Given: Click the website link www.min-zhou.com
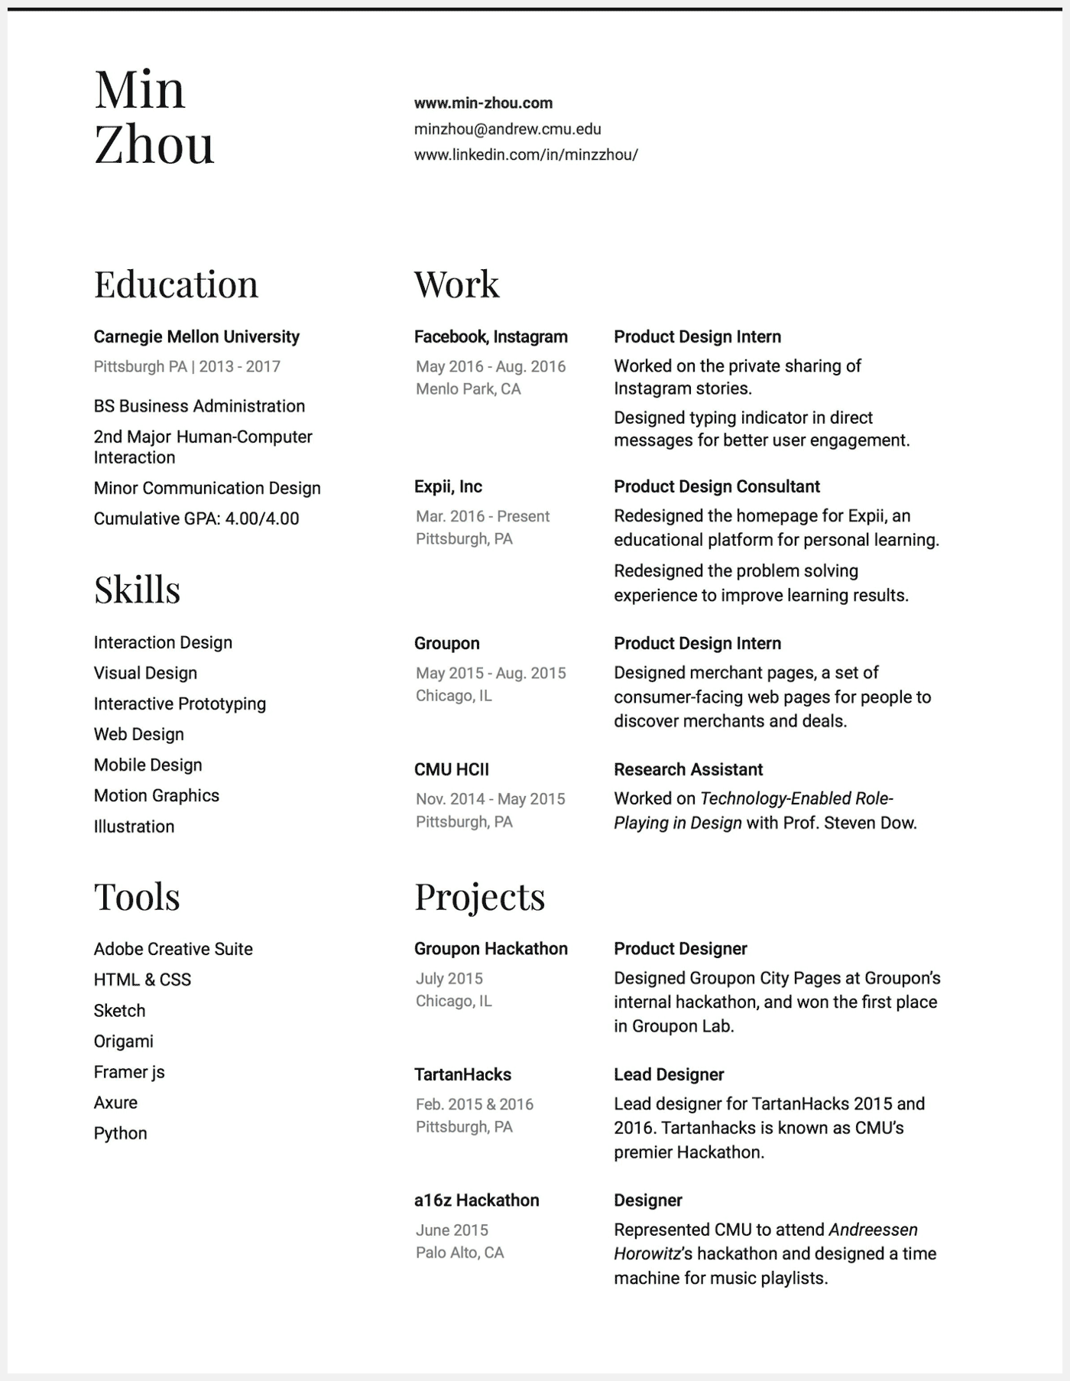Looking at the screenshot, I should (x=483, y=103).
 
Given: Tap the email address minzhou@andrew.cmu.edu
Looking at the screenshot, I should (x=507, y=129).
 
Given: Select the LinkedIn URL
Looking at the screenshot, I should (x=526, y=155).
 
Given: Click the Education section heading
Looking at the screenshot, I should (x=176, y=284).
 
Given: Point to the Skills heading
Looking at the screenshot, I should (x=137, y=590).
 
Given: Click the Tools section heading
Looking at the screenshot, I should (x=137, y=896).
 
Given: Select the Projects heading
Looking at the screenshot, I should (x=479, y=896).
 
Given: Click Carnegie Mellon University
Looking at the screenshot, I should (x=196, y=337).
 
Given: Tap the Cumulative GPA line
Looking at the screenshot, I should (x=196, y=519).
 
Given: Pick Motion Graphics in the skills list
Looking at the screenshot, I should (x=157, y=796).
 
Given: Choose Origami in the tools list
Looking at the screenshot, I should (x=124, y=1041).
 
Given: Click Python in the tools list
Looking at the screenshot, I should (x=120, y=1133).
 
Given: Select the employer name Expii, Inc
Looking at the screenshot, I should (x=448, y=487).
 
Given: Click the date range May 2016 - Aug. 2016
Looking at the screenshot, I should (x=491, y=367).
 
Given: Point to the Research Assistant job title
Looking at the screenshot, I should (x=688, y=770).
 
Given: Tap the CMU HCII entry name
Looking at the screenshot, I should (x=452, y=770).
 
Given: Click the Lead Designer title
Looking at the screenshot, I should (x=669, y=1075).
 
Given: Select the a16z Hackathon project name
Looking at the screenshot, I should (x=477, y=1201).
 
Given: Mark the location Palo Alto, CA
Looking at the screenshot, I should (x=460, y=1253).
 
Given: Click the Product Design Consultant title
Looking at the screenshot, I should (x=717, y=487).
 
